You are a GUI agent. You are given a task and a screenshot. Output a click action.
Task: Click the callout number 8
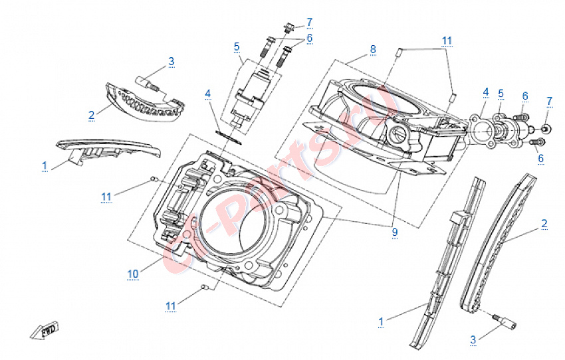click(x=373, y=49)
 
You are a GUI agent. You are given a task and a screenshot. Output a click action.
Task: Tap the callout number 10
click(x=133, y=273)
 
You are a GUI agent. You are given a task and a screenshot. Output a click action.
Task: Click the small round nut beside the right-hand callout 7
click(x=545, y=128)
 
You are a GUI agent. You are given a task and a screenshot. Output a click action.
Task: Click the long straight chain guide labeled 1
click(x=445, y=266)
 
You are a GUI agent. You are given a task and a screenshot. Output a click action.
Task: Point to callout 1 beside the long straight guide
click(x=382, y=321)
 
